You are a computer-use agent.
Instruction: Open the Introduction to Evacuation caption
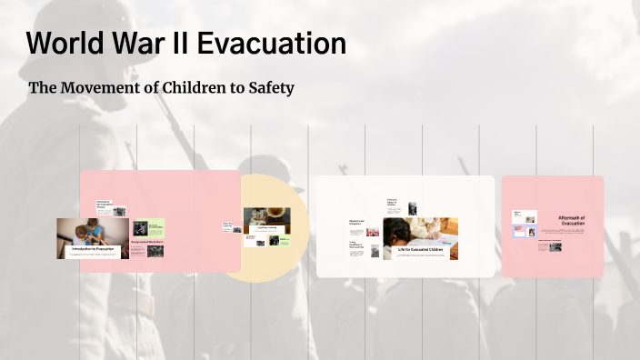[92, 248]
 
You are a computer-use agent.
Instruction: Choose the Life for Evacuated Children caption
[419, 249]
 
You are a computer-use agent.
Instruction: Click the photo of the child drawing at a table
[420, 231]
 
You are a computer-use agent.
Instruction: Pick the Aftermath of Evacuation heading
[572, 221]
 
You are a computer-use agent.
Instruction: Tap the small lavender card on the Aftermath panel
[525, 232]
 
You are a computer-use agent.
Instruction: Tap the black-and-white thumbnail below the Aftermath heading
[555, 245]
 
